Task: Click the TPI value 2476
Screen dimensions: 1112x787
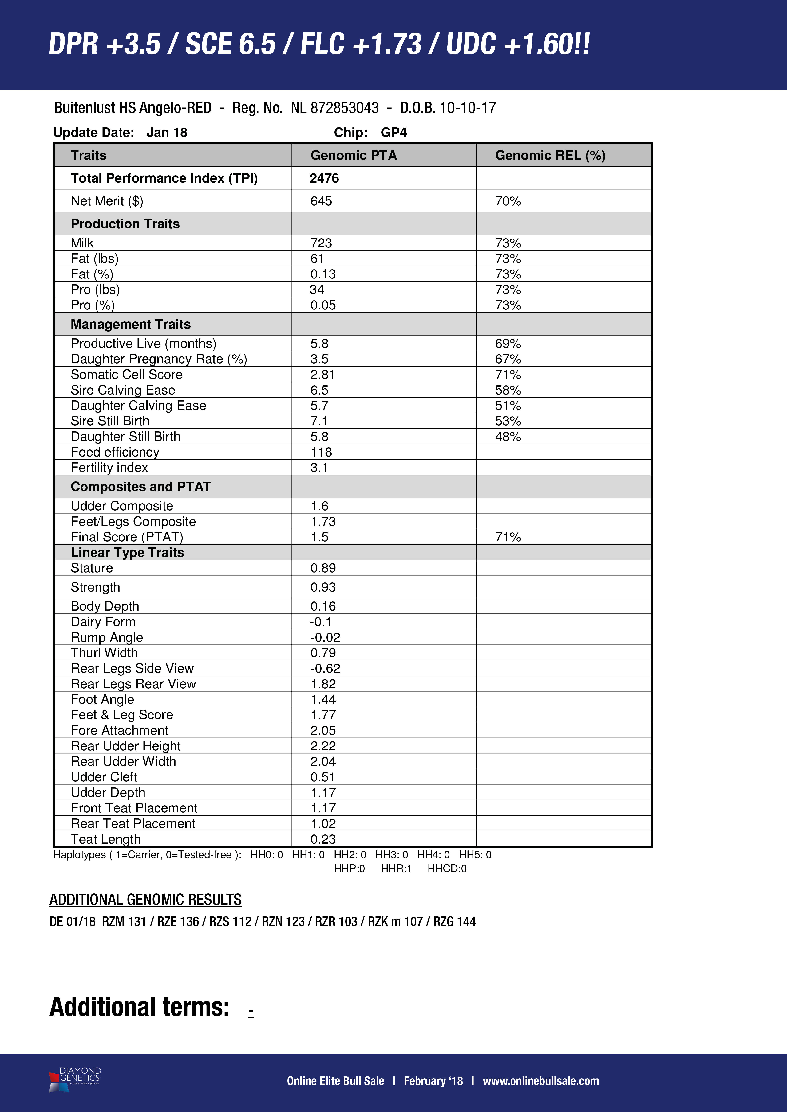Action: point(324,178)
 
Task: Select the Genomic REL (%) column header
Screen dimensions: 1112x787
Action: point(550,155)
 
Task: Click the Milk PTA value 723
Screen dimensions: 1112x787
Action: point(321,243)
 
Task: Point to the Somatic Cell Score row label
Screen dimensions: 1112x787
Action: point(126,374)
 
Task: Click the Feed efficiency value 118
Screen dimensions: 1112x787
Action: point(321,452)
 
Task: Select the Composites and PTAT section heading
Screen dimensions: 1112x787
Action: point(140,487)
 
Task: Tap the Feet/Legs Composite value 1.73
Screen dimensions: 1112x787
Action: point(323,522)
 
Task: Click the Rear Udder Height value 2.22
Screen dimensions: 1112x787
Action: point(323,746)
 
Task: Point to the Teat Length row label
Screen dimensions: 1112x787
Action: point(106,839)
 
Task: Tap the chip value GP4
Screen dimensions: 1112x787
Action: point(393,133)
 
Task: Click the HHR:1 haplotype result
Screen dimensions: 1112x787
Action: point(396,868)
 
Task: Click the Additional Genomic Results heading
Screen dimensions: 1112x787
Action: point(145,899)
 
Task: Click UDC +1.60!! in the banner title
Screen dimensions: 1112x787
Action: point(518,45)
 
